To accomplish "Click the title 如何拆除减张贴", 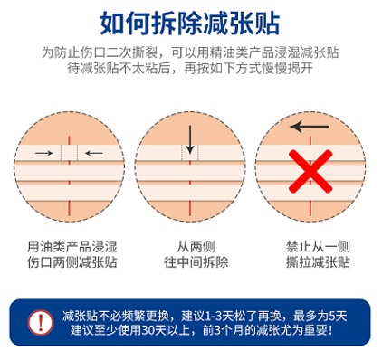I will point(190,19).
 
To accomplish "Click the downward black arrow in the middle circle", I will point(189,139).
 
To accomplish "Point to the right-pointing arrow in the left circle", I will point(43,154).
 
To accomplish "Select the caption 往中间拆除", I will point(190,262).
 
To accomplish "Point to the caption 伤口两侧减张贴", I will point(70,262).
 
